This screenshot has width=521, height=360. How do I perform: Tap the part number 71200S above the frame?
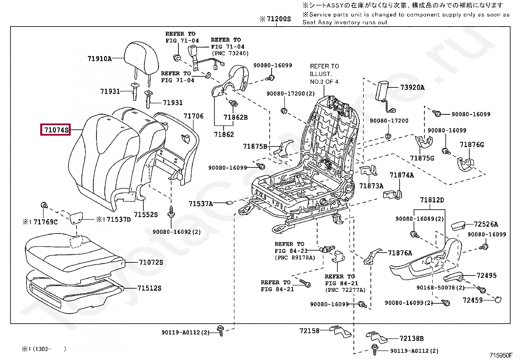(x=278, y=19)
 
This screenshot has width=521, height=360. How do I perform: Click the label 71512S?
(x=149, y=288)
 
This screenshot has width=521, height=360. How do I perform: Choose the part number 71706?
(x=193, y=116)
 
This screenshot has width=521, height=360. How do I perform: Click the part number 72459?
(x=473, y=300)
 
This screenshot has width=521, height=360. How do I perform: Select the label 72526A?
(x=486, y=224)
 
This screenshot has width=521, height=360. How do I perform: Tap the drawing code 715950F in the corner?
(x=501, y=355)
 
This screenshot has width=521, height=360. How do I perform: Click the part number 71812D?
(x=432, y=200)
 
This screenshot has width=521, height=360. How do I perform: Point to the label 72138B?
(x=412, y=338)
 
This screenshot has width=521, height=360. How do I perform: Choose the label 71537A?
(x=201, y=204)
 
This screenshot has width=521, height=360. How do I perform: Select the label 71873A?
(x=371, y=186)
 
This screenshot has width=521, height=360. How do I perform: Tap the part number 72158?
(x=309, y=331)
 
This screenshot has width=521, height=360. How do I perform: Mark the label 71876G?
(x=472, y=144)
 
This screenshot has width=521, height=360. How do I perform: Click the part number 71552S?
(x=146, y=215)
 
